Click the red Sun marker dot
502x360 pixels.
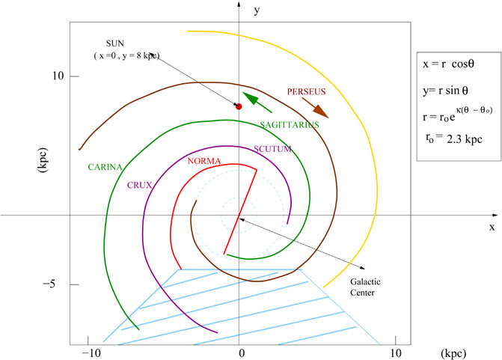coord(239,106)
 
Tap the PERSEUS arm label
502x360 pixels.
coord(307,91)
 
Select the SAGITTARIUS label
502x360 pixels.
coord(290,124)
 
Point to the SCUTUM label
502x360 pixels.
coord(272,149)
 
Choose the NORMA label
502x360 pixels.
coord(204,161)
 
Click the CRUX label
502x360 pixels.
coord(139,185)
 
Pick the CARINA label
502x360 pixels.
coord(105,167)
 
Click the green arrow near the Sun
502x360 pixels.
coord(257,103)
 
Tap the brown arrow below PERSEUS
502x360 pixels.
coord(316,108)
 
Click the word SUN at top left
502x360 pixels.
coord(115,43)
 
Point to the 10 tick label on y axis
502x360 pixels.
coord(58,76)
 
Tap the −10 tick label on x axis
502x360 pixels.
coord(91,353)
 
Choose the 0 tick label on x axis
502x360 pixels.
coord(242,353)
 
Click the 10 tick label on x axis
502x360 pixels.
coord(396,353)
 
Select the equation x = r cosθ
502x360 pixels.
coord(448,64)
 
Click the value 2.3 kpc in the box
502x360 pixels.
coord(465,139)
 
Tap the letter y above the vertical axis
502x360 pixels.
coord(257,11)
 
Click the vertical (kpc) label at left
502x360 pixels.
coord(43,160)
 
